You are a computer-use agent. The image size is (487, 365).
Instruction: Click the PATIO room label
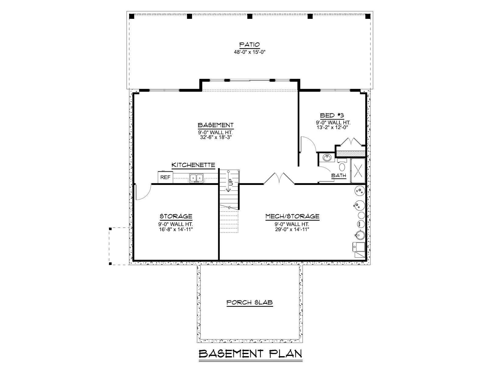click(x=249, y=45)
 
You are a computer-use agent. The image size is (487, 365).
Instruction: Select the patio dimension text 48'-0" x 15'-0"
click(x=250, y=52)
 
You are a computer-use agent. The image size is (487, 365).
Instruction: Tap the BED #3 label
click(x=332, y=116)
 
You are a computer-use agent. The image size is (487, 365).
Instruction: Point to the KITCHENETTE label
click(x=193, y=165)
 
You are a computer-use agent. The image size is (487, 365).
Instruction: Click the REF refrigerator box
click(x=165, y=177)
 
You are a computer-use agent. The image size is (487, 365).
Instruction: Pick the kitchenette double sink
click(x=196, y=178)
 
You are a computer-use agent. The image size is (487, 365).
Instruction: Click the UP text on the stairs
click(x=231, y=182)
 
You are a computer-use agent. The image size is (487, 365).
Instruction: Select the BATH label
click(x=338, y=176)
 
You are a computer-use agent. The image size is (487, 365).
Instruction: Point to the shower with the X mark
click(x=358, y=171)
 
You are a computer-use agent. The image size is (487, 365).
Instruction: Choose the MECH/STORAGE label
click(x=293, y=216)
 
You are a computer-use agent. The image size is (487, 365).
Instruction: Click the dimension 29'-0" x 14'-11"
click(x=292, y=230)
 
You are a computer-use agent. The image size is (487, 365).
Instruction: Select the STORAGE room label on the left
click(x=176, y=216)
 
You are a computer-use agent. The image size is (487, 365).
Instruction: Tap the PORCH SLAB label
click(x=250, y=303)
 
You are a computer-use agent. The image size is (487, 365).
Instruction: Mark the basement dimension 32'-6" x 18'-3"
click(x=216, y=137)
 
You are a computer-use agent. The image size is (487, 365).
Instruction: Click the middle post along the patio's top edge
click(x=250, y=16)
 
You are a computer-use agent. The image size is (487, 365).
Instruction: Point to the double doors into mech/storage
click(x=279, y=179)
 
